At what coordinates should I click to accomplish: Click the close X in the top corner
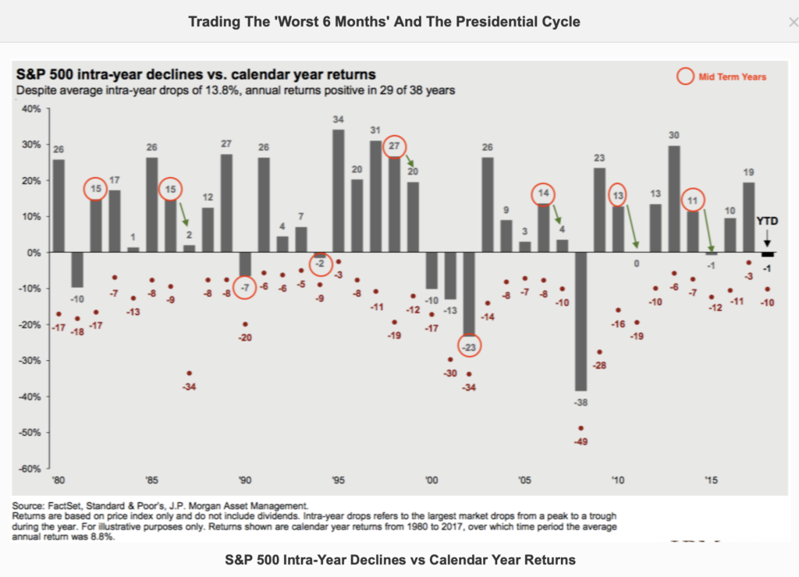click(x=793, y=22)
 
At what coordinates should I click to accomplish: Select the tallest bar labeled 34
click(x=339, y=191)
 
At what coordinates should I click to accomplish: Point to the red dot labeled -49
click(x=581, y=428)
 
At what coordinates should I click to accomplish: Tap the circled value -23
click(x=469, y=345)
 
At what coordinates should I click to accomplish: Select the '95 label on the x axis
click(x=339, y=481)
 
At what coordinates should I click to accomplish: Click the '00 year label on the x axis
click(x=431, y=481)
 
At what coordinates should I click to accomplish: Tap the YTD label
click(x=768, y=221)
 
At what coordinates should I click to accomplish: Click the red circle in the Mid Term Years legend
click(x=686, y=76)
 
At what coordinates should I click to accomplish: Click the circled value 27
click(x=395, y=146)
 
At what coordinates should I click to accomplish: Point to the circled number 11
click(x=691, y=200)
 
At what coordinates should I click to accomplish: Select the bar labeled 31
click(x=376, y=196)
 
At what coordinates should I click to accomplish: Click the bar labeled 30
click(x=673, y=199)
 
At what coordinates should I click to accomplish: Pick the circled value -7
click(x=245, y=288)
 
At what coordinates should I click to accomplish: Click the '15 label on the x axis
click(x=710, y=481)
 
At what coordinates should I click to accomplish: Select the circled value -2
click(x=320, y=264)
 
